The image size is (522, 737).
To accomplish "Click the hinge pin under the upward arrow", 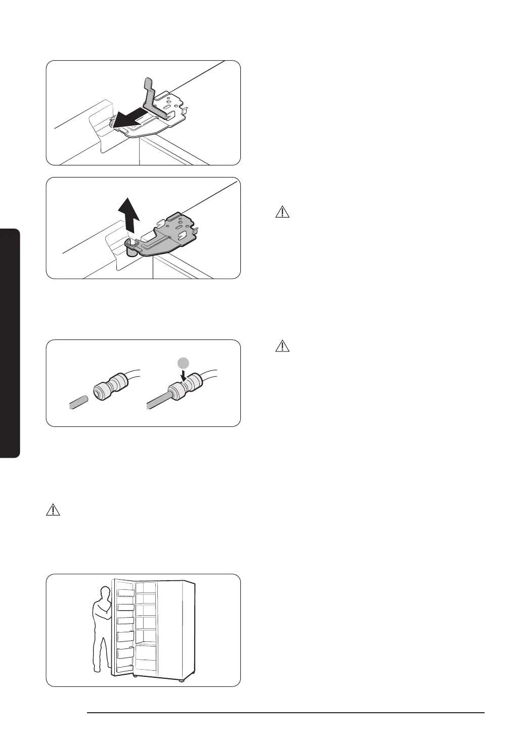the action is coord(131,248).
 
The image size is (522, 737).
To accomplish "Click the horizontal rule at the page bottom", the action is coord(286,713).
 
